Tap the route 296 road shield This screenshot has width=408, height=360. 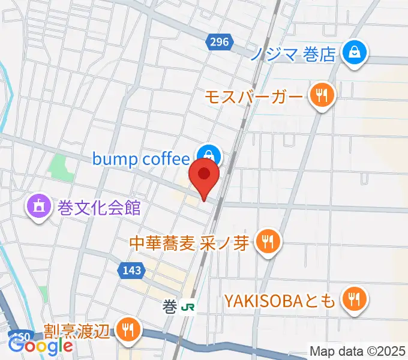219,41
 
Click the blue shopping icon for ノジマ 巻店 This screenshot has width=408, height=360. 355,54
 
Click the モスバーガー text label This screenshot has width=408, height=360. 255,96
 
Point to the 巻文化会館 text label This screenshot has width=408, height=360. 99,208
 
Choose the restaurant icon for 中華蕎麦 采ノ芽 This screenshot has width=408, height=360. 267,242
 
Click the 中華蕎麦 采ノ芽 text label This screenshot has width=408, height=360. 190,243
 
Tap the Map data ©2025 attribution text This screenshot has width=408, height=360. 358,350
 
